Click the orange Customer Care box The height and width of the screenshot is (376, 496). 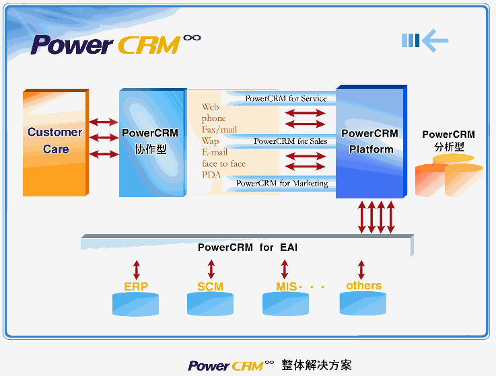[x=55, y=142]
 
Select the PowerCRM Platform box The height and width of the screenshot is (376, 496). [x=370, y=142]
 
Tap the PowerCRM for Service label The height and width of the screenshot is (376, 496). [x=285, y=98]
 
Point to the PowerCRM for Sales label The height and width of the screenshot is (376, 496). [x=290, y=141]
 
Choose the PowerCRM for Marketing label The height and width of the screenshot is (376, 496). [x=282, y=183]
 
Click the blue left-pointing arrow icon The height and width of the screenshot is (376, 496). [x=425, y=41]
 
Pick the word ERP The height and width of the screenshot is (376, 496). [x=136, y=287]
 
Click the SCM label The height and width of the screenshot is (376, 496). [x=210, y=287]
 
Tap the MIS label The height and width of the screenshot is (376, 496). [x=286, y=287]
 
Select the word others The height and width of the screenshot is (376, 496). [x=363, y=286]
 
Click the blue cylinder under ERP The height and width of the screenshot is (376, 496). [x=136, y=304]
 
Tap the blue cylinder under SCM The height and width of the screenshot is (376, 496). [x=211, y=304]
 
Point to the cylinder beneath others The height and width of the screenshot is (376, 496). [x=363, y=304]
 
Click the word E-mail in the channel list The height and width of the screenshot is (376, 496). [x=215, y=153]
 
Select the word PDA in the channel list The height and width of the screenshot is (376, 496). [x=211, y=175]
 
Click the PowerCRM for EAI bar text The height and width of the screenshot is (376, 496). [x=248, y=248]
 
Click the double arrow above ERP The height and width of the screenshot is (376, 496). [x=137, y=270]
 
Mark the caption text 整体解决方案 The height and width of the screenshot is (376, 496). [x=316, y=365]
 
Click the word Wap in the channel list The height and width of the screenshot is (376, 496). [x=210, y=141]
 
